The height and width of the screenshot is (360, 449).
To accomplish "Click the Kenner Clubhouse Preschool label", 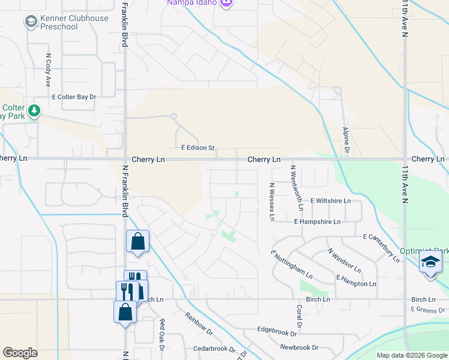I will [74, 23].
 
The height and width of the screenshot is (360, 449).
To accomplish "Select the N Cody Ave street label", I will [47, 71].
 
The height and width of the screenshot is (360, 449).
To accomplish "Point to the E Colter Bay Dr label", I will [74, 96].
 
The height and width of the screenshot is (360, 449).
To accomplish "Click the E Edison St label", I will [197, 148].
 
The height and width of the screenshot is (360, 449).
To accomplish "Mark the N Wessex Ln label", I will [272, 202].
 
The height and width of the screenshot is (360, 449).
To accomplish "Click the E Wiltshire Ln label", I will [330, 201].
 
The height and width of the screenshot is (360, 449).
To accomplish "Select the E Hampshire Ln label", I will [317, 221].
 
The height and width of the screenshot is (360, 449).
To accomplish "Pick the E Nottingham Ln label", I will [292, 265].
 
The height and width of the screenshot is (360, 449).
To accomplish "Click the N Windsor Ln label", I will [344, 260].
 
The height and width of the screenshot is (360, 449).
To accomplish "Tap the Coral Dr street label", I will [298, 312].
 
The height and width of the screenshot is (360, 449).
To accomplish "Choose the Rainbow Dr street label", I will [199, 323].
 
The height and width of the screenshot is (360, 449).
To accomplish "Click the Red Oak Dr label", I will [161, 331].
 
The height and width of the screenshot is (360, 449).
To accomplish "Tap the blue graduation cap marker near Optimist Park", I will [430, 263].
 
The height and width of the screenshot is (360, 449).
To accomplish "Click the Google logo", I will [20, 353].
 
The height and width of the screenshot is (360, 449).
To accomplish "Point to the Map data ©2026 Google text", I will [412, 355].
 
